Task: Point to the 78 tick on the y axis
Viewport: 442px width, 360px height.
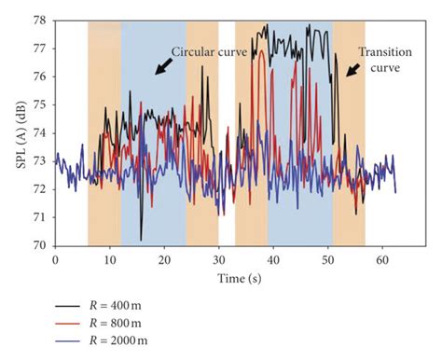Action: pyautogui.click(x=41, y=21)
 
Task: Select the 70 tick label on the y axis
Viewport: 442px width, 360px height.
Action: pyautogui.click(x=41, y=245)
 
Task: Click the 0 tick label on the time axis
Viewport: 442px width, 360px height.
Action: pyautogui.click(x=56, y=259)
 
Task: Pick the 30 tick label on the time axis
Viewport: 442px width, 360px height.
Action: pyautogui.click(x=218, y=259)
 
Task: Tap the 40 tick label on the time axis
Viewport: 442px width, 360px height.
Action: pyautogui.click(x=272, y=259)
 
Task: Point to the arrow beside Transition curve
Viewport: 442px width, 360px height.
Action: pyautogui.click(x=352, y=70)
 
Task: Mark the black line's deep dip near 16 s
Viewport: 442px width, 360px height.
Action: pyautogui.click(x=141, y=239)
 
